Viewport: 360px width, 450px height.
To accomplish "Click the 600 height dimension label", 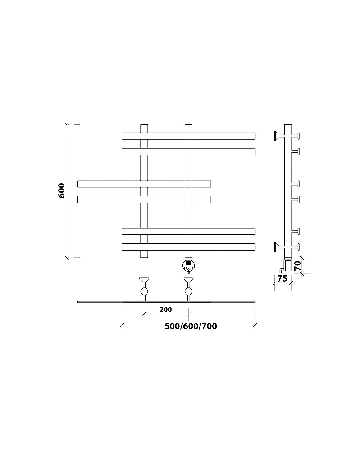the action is (62, 190).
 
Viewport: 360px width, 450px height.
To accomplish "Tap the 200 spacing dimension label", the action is (166, 309).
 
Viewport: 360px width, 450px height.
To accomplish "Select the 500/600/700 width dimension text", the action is (191, 326).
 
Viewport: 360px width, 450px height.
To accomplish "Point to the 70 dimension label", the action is (297, 266).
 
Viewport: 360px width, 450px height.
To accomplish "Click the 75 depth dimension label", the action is (283, 278).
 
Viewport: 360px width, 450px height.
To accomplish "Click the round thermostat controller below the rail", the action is (189, 266).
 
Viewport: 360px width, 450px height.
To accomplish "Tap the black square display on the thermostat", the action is (189, 263).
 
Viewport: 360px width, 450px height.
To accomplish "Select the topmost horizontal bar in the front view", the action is (188, 136).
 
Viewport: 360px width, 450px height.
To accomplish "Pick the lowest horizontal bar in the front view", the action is (188, 247).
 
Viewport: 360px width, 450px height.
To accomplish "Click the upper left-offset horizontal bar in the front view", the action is (144, 184).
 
